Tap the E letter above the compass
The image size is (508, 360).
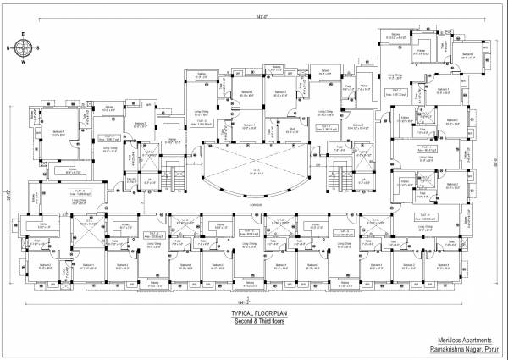[25, 36]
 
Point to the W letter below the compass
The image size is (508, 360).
[25, 62]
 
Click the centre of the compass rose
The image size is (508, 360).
[25, 48]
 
